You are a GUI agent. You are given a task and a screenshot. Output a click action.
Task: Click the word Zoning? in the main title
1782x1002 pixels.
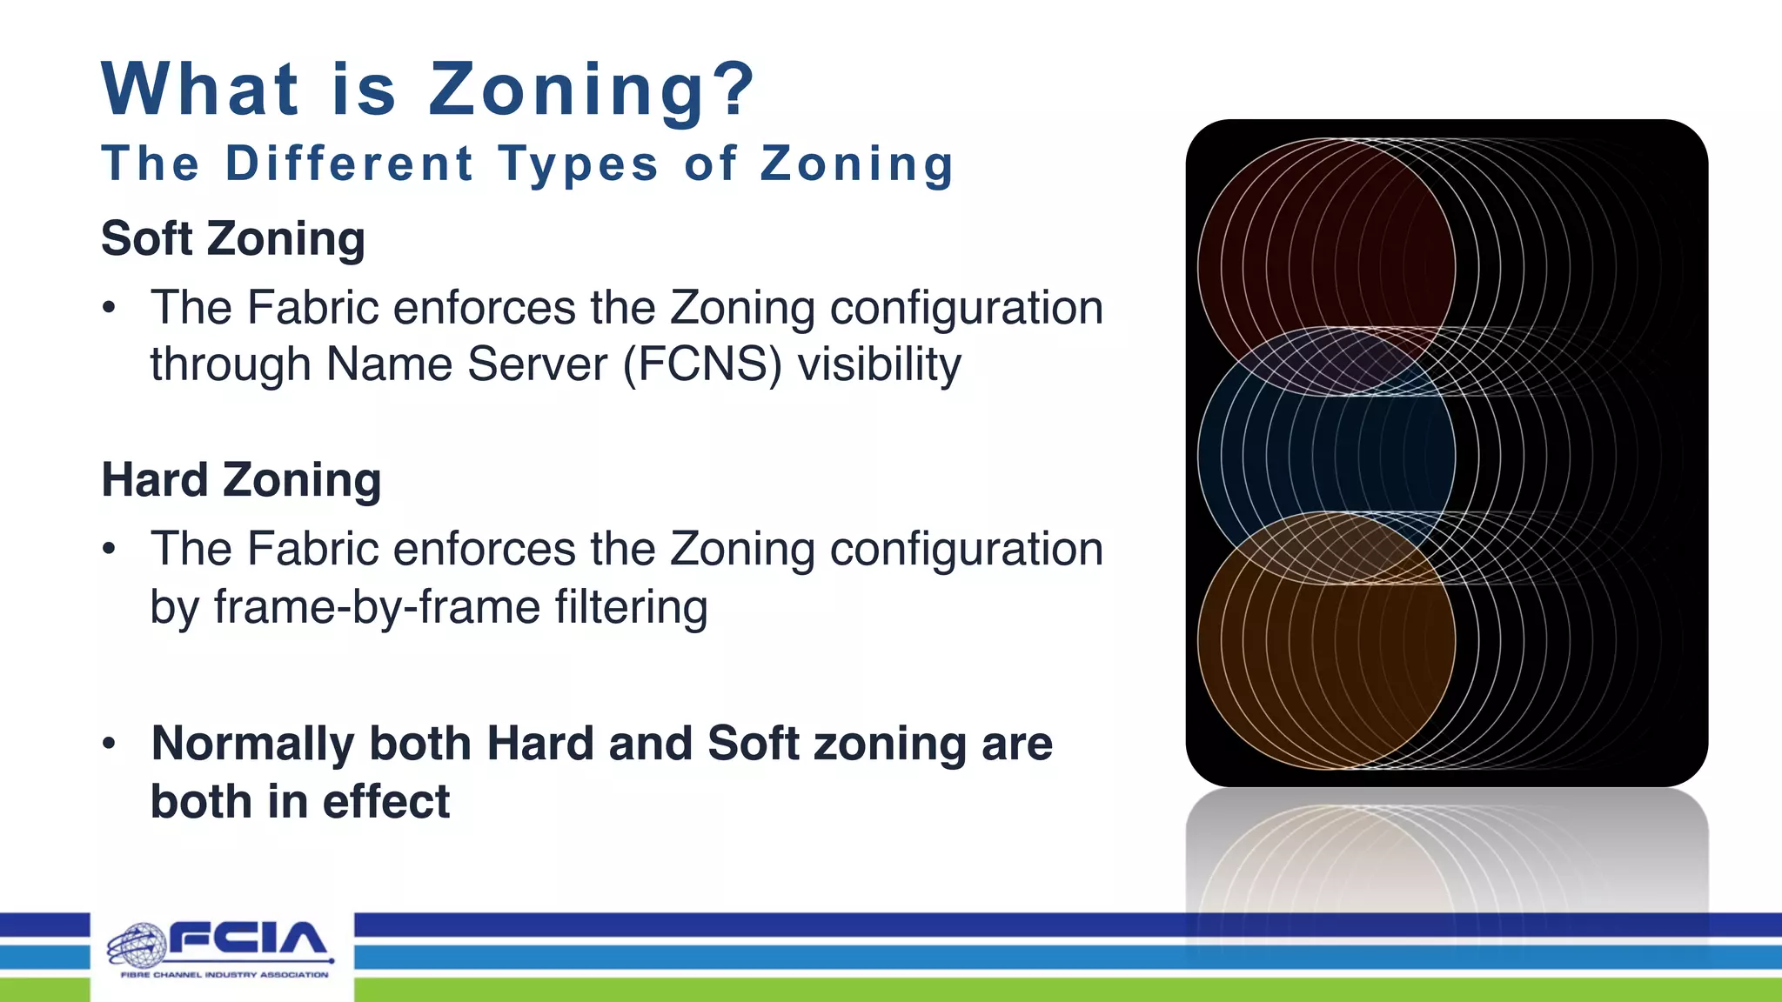click(592, 90)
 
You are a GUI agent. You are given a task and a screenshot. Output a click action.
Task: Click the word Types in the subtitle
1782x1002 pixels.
click(578, 164)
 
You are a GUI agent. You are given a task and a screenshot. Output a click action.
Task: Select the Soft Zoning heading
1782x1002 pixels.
click(233, 239)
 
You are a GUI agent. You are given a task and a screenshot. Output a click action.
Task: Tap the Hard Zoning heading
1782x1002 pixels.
click(241, 480)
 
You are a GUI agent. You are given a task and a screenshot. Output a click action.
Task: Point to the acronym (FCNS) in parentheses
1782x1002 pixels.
click(702, 364)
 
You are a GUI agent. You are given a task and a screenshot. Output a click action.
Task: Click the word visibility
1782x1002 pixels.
click(879, 364)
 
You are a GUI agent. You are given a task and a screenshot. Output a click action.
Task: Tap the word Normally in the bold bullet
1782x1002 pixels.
click(252, 745)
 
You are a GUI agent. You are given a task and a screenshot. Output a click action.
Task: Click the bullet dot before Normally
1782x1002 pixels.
click(109, 744)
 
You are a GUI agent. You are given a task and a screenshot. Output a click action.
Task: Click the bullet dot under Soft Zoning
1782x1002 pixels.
click(109, 308)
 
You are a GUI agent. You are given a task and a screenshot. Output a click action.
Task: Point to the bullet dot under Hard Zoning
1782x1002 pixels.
click(109, 549)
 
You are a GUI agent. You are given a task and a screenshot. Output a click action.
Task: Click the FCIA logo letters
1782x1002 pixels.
click(247, 939)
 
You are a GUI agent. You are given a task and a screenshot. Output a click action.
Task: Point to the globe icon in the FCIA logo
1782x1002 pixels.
click(137, 946)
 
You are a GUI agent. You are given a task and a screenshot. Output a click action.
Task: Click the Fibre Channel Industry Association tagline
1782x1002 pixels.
click(224, 975)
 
